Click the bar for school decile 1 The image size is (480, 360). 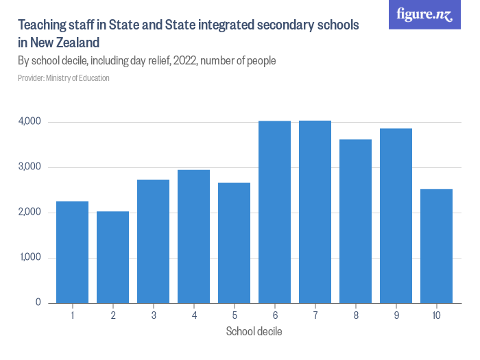point(72,252)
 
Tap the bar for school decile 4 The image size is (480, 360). point(193,236)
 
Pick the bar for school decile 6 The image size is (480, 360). point(274,212)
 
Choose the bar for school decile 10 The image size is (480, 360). point(436,245)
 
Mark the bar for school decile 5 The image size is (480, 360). point(234,243)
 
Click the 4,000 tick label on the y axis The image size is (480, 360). point(29,122)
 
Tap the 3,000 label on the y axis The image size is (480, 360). point(29,167)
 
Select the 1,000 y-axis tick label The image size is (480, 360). point(29,258)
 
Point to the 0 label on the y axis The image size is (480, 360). point(38,302)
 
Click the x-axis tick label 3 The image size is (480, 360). point(153,315)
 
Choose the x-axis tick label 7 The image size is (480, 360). point(315,315)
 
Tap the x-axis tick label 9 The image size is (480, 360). point(396,315)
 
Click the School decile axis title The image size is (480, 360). point(254,332)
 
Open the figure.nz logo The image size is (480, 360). point(424,14)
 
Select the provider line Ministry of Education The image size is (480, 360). point(63,78)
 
